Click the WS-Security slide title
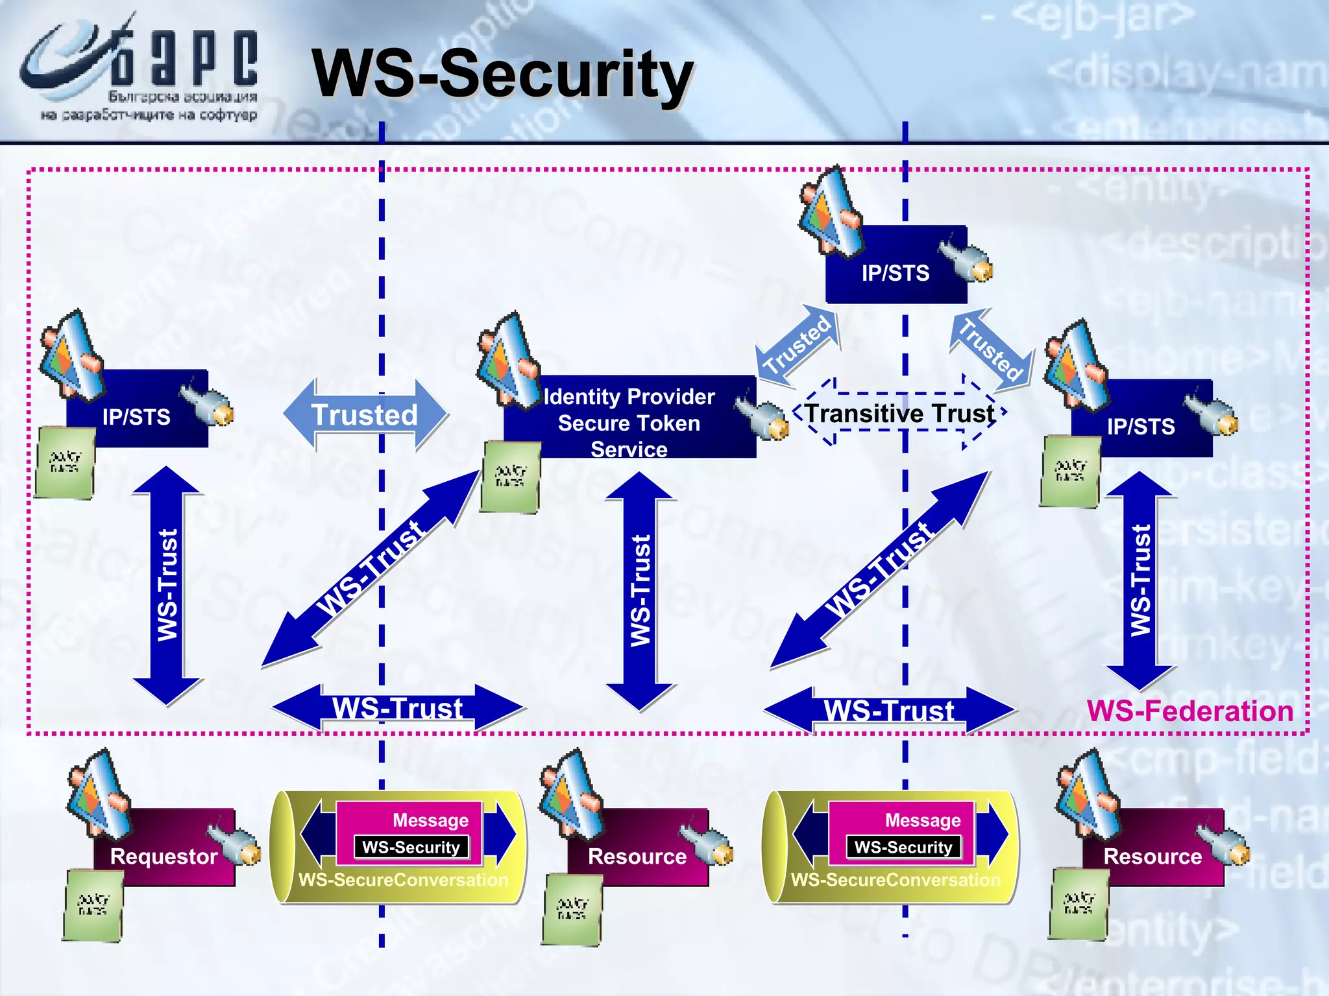[x=502, y=75]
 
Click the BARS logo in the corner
[x=140, y=71]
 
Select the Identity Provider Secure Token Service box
[x=629, y=418]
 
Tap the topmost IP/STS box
[x=896, y=266]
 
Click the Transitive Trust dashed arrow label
[x=899, y=414]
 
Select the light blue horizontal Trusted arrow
[x=365, y=415]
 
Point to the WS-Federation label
[x=1189, y=711]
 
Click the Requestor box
[x=164, y=849]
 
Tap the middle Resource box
[x=637, y=849]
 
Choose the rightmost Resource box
[x=1152, y=849]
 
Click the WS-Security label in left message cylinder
[x=411, y=848]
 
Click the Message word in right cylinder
[x=922, y=820]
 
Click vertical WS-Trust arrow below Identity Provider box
[x=640, y=590]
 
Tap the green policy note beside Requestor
[x=93, y=905]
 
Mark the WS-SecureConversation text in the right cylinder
[x=896, y=880]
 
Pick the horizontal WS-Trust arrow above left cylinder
[x=397, y=708]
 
